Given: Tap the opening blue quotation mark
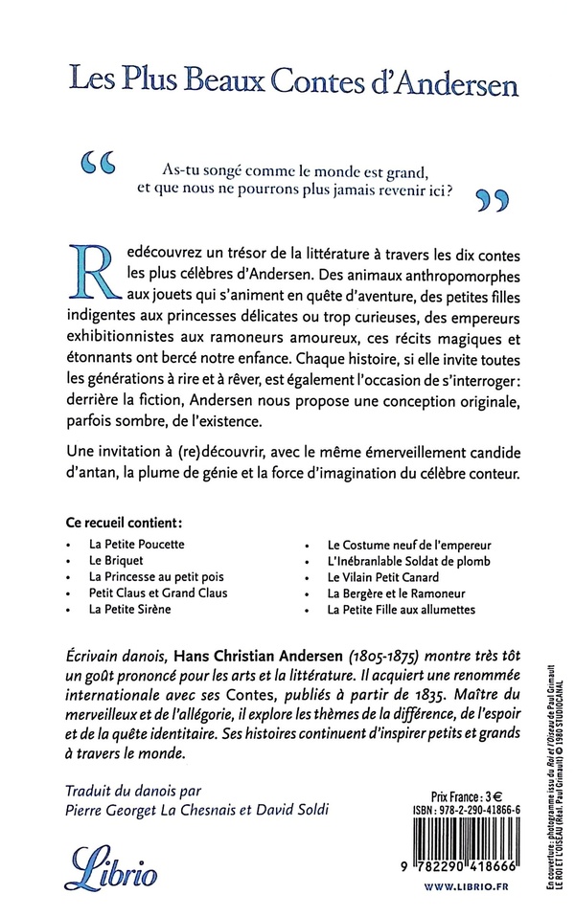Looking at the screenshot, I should click(102, 167).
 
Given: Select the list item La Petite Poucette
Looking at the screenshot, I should click(136, 543).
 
